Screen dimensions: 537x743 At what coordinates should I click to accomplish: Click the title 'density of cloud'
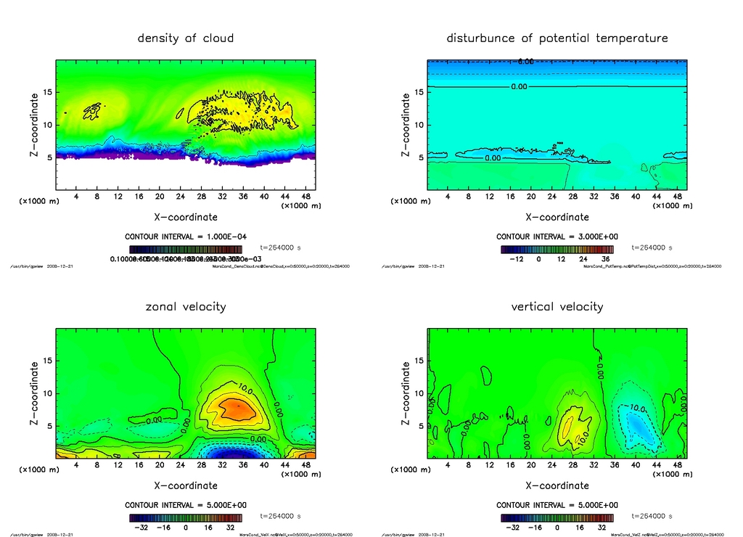[x=186, y=38]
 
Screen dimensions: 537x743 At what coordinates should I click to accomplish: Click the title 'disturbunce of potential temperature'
[x=557, y=38]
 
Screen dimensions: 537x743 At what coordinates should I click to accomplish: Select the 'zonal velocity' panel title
[x=186, y=306]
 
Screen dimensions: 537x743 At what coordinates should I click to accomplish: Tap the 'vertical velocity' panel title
[x=557, y=306]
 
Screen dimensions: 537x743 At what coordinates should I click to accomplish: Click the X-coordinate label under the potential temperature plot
[x=557, y=216]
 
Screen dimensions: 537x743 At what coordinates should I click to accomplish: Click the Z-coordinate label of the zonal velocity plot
[x=35, y=393]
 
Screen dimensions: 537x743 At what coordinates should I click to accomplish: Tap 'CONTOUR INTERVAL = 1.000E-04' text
[x=185, y=237]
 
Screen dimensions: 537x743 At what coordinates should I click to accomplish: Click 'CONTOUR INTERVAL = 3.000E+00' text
[x=557, y=237]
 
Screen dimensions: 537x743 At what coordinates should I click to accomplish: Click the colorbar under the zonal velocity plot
[x=185, y=518]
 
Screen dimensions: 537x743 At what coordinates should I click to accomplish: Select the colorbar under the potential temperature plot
[x=557, y=249]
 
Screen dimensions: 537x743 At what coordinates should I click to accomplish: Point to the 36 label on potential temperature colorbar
[x=603, y=258]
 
